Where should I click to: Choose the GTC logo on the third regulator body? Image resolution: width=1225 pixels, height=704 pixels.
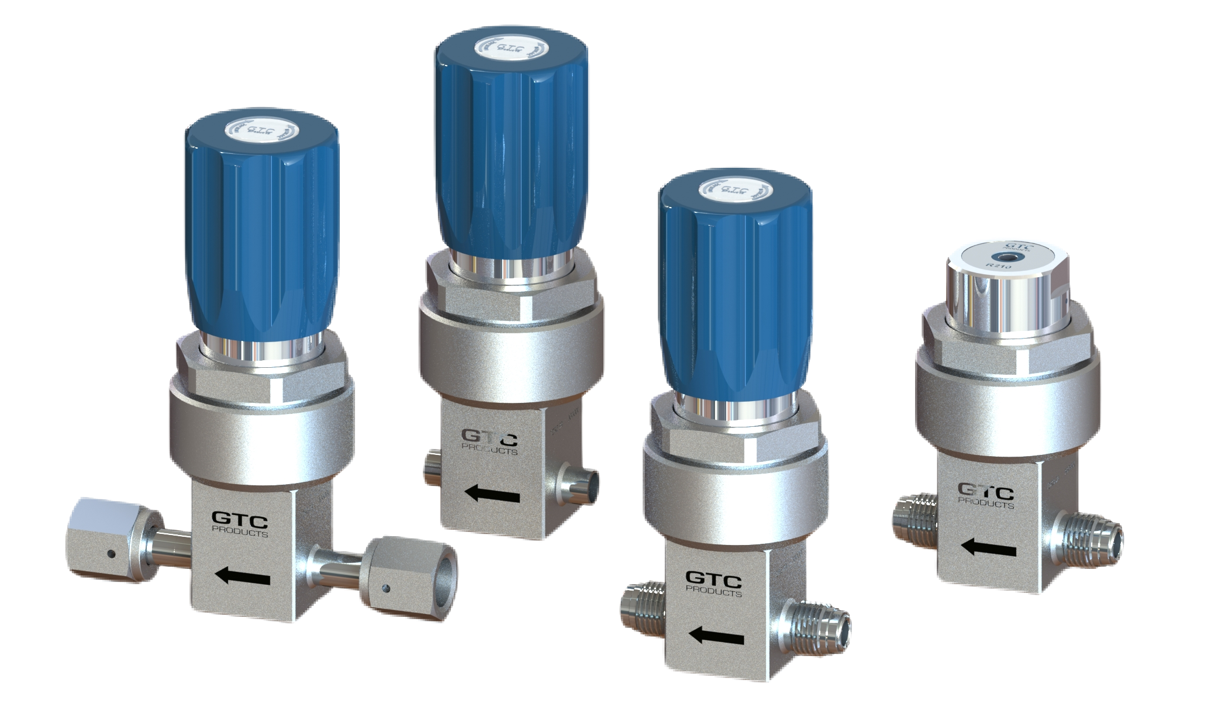point(713,585)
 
